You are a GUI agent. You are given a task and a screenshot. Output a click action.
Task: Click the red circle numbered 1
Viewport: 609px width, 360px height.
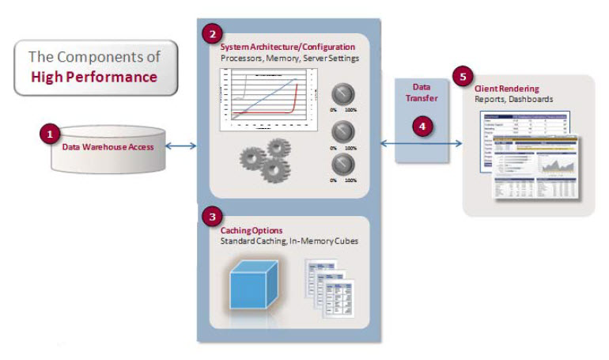click(x=49, y=135)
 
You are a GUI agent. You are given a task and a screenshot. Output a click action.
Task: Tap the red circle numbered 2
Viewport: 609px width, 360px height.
click(x=211, y=34)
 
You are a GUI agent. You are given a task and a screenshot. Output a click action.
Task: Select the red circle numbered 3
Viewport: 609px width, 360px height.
click(x=211, y=215)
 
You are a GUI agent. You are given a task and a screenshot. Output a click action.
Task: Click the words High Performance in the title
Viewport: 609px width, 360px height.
click(x=94, y=77)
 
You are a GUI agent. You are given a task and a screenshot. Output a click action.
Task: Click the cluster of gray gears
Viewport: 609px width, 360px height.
click(x=265, y=157)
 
